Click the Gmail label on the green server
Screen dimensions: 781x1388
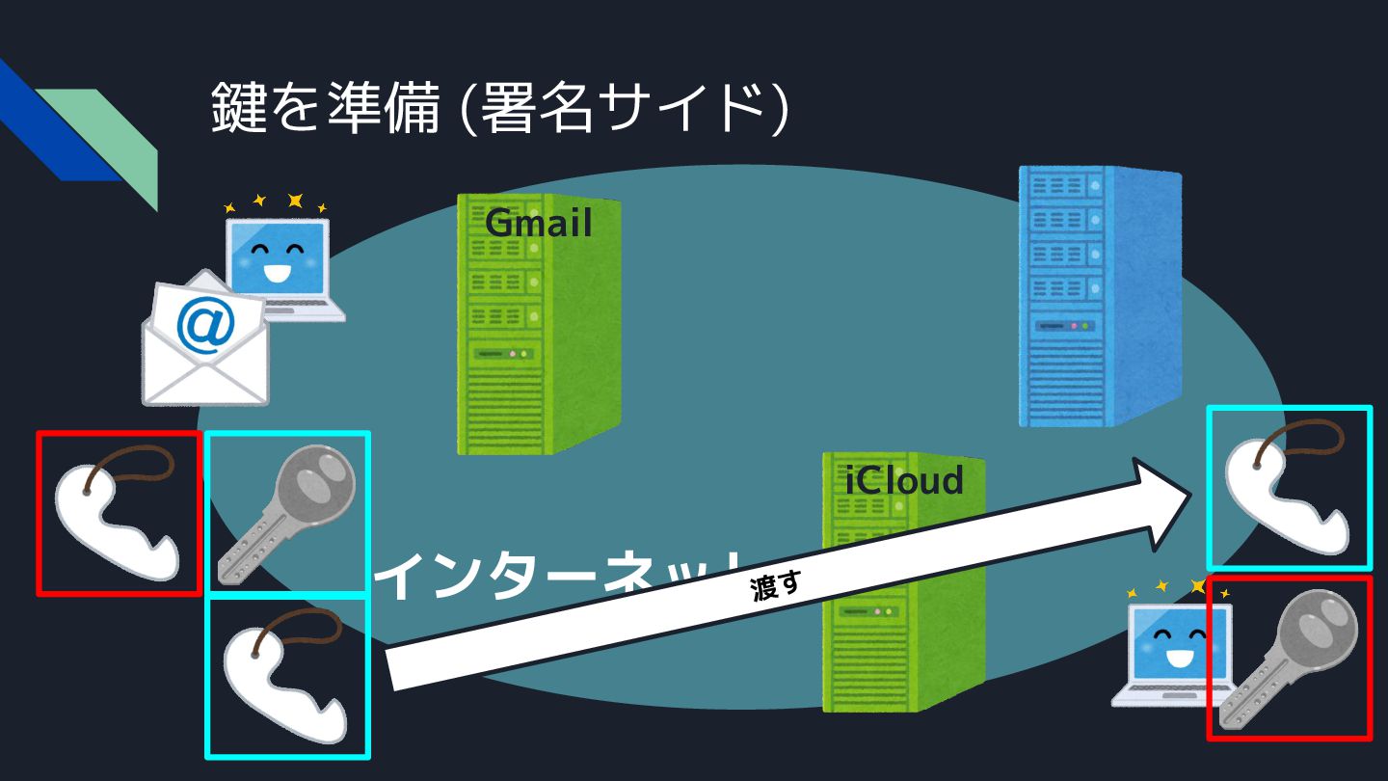coord(538,224)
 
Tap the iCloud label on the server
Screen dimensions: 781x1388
coord(904,480)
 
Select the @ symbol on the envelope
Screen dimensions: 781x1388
coord(205,327)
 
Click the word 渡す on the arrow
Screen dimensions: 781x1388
coord(776,585)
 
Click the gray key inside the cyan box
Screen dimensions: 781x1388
coord(287,513)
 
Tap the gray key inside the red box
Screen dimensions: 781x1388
coord(1290,658)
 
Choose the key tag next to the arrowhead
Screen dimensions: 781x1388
coord(1288,488)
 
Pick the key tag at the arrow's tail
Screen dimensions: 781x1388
coord(287,678)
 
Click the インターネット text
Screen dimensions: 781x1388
coord(559,576)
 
